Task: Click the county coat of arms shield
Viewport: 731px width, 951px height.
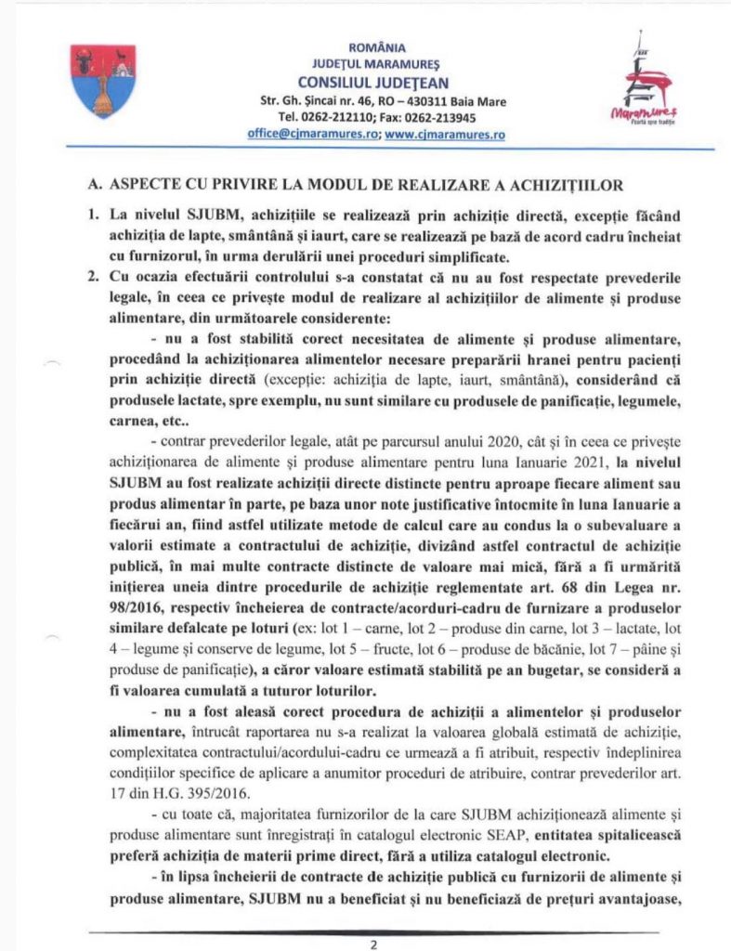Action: coord(103,82)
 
